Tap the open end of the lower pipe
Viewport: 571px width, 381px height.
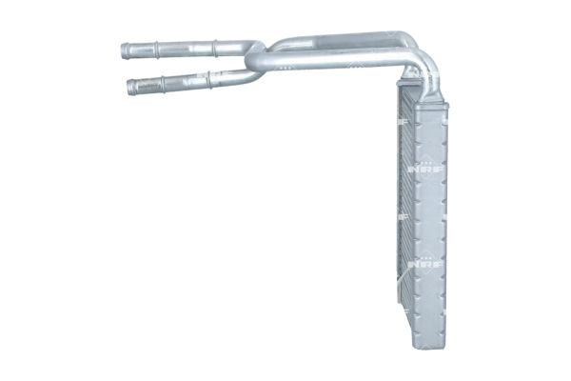pyautogui.click(x=130, y=88)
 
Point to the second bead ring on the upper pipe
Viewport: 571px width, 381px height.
pyautogui.click(x=215, y=45)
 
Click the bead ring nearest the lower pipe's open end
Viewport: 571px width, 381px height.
pyautogui.click(x=162, y=84)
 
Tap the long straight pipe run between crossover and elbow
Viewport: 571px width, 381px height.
pyautogui.click(x=333, y=64)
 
